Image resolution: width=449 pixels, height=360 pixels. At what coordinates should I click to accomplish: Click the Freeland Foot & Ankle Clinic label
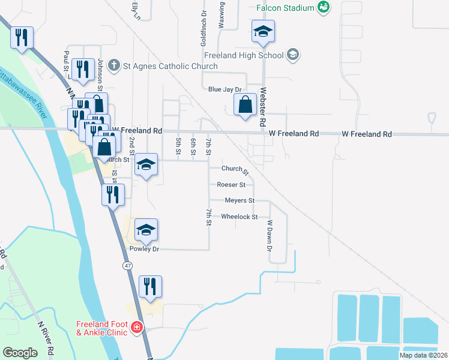click(101, 328)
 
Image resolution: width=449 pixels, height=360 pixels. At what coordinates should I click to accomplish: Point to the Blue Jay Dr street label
click(224, 89)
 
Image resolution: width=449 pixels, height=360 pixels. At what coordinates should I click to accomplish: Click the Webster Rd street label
click(262, 107)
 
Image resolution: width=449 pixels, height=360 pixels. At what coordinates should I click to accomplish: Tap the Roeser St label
click(232, 185)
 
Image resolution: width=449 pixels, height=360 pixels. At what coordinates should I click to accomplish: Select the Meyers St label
click(240, 200)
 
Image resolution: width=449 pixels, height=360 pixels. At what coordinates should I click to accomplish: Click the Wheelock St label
click(240, 217)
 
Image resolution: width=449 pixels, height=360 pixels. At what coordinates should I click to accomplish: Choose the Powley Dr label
click(144, 248)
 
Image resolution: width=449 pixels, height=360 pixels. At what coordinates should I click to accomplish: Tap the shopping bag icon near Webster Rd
click(246, 105)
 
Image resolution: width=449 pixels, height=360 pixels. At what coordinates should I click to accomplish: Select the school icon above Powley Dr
click(146, 229)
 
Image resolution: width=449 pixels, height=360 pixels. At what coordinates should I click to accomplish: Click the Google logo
click(20, 353)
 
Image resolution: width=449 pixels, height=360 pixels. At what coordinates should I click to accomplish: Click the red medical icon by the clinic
click(137, 328)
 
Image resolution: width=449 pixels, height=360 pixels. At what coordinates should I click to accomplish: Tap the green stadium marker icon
click(324, 7)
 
